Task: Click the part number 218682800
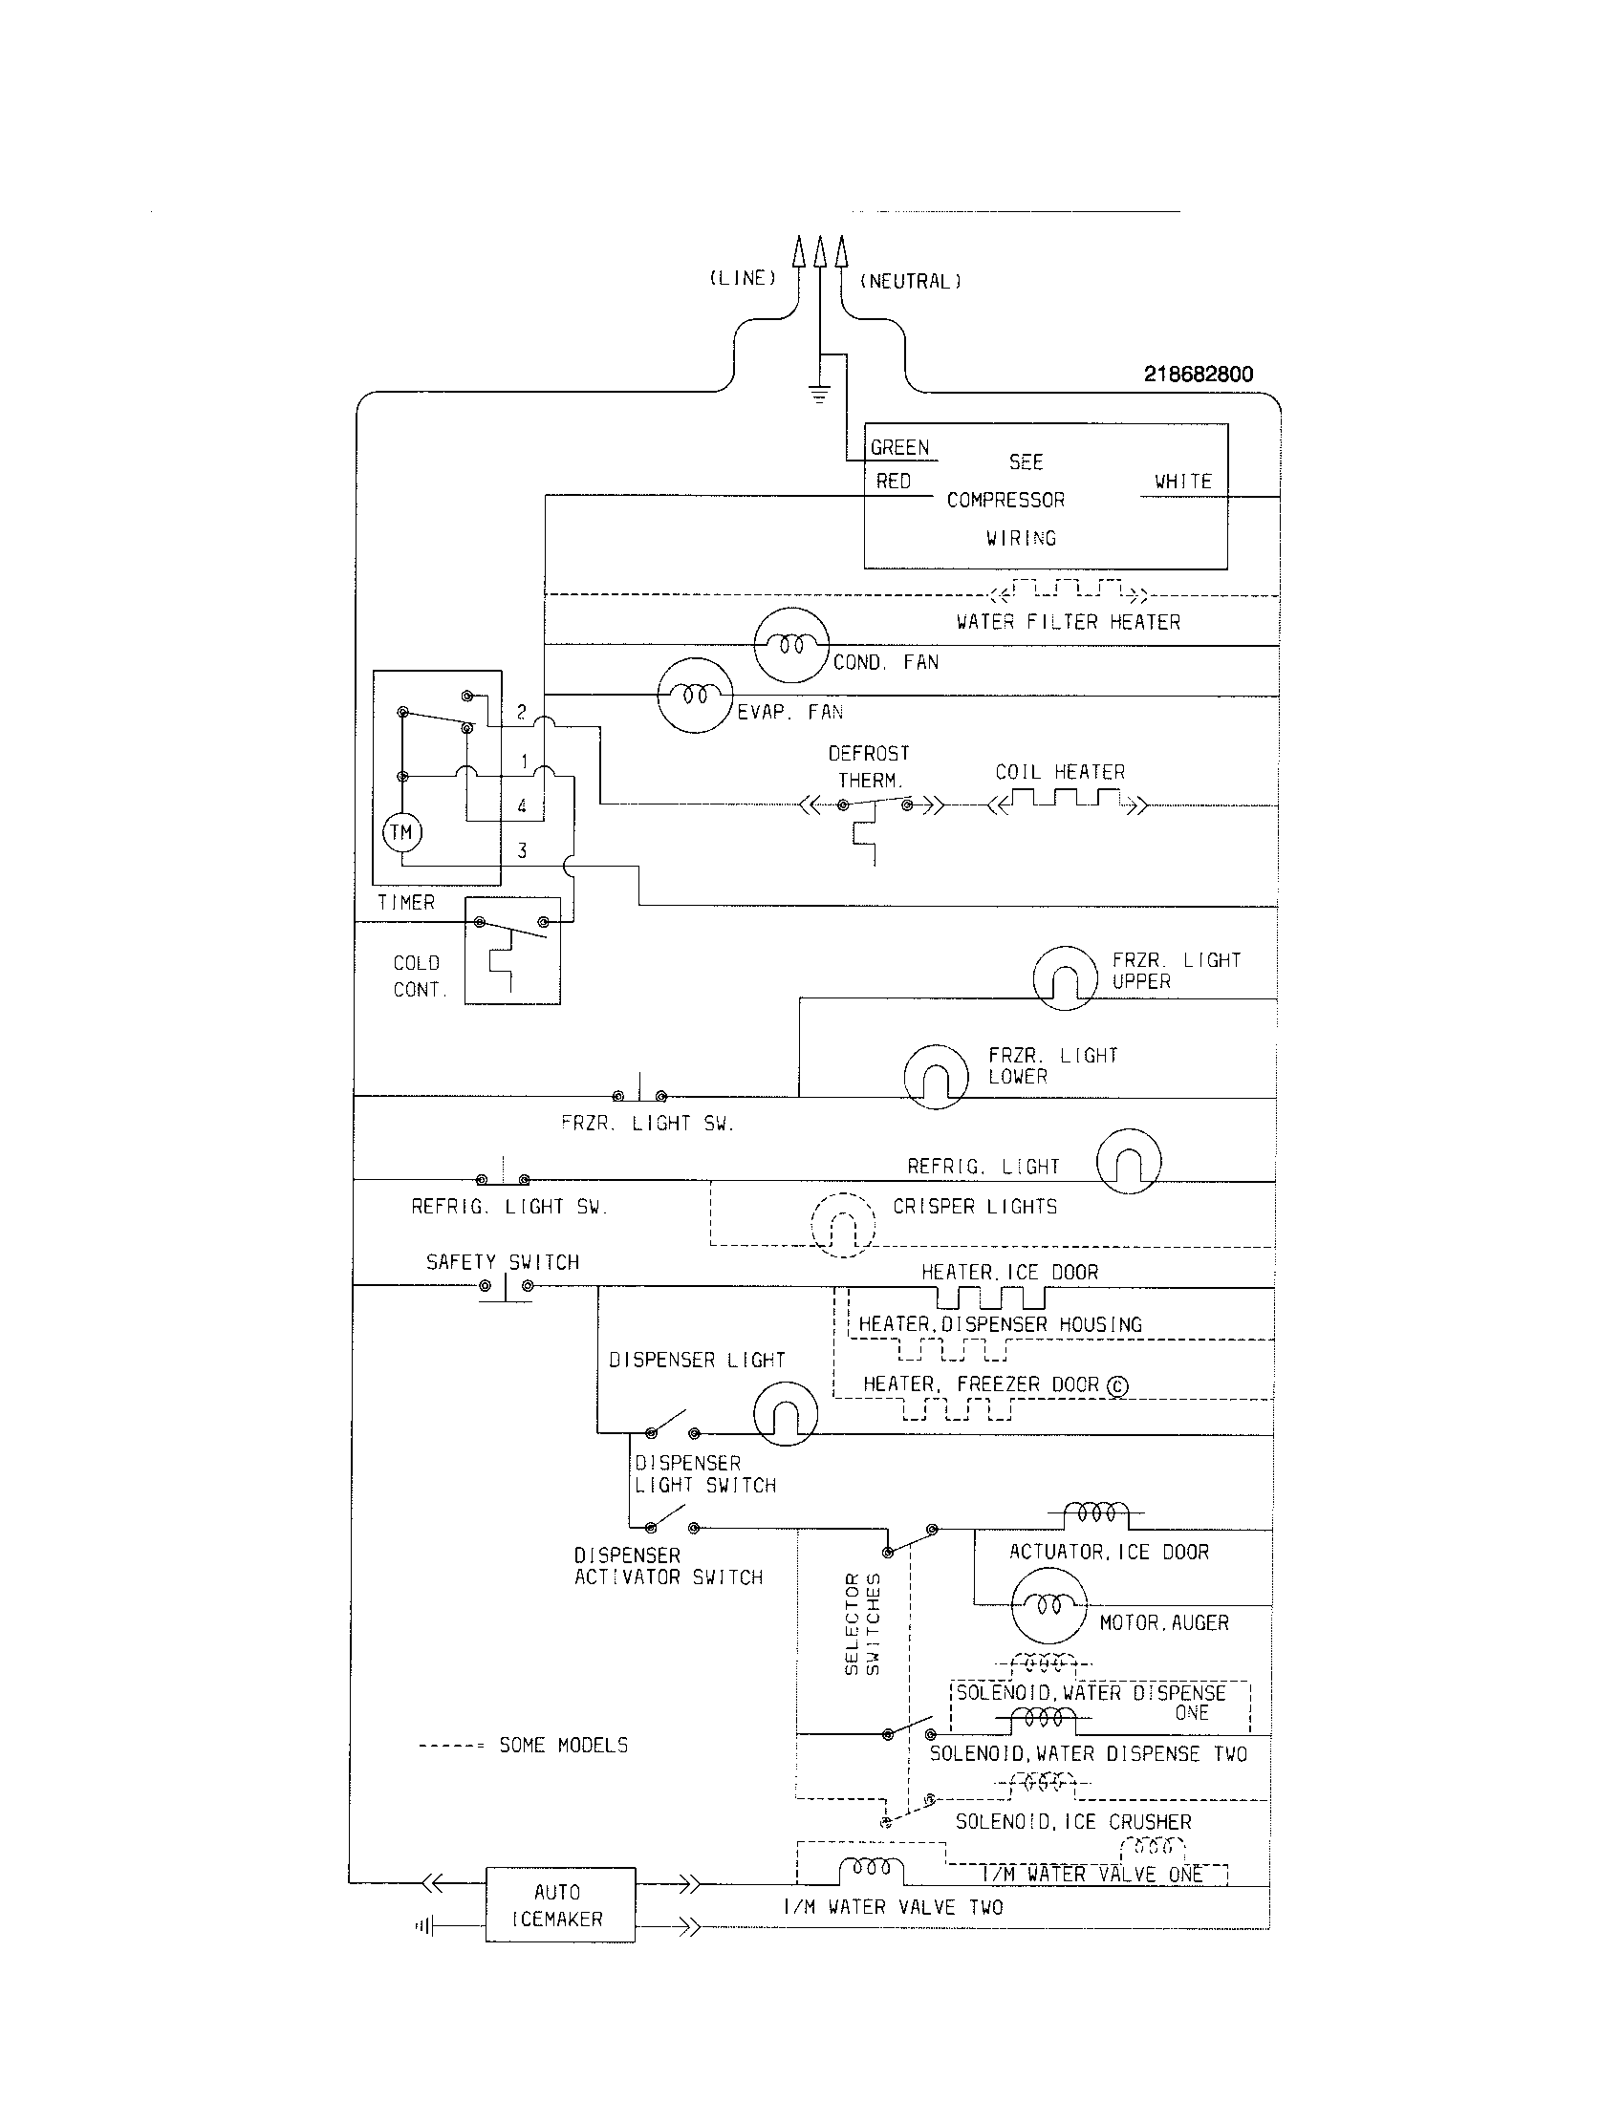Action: (x=1198, y=375)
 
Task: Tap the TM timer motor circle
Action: (x=402, y=831)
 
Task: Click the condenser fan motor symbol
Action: (x=790, y=646)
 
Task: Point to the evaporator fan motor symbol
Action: (x=694, y=696)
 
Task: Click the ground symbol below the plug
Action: (x=819, y=393)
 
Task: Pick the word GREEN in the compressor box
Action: (x=899, y=447)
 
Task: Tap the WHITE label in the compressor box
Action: (x=1182, y=482)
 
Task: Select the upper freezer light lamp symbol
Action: (x=1065, y=977)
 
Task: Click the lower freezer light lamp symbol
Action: (x=936, y=1076)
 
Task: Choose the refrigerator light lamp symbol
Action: (x=1128, y=1161)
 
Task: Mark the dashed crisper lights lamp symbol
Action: (x=842, y=1225)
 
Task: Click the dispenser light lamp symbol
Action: (x=785, y=1414)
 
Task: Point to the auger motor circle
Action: (x=1048, y=1604)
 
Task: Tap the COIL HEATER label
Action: (x=1059, y=772)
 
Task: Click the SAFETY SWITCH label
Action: (x=503, y=1262)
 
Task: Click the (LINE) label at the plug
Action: (x=742, y=278)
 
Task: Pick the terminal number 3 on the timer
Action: (x=522, y=850)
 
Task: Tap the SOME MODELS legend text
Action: (x=563, y=1745)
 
